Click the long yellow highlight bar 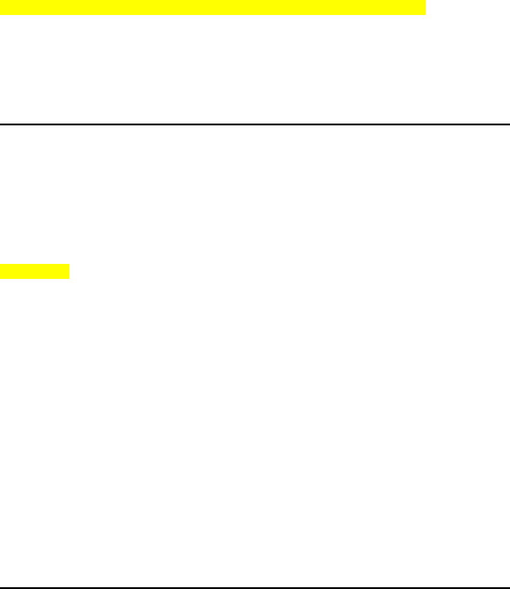tap(212, 7)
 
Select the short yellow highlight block tap(35, 271)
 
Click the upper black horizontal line tap(255, 124)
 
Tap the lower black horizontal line tap(255, 587)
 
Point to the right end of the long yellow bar tap(424, 7)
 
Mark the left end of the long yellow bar tap(1, 7)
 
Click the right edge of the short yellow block tap(69, 271)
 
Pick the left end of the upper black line tap(1, 124)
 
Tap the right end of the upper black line tap(508, 124)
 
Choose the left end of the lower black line tap(1, 587)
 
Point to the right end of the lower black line tap(508, 587)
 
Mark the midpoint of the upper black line tap(255, 124)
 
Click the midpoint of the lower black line tap(255, 587)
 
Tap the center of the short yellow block tap(35, 271)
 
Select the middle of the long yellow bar tap(212, 7)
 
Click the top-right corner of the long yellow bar tap(425, 1)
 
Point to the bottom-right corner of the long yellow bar tap(425, 14)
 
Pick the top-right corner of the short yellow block tap(70, 264)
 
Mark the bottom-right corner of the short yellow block tap(70, 279)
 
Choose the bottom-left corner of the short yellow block tap(1, 279)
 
